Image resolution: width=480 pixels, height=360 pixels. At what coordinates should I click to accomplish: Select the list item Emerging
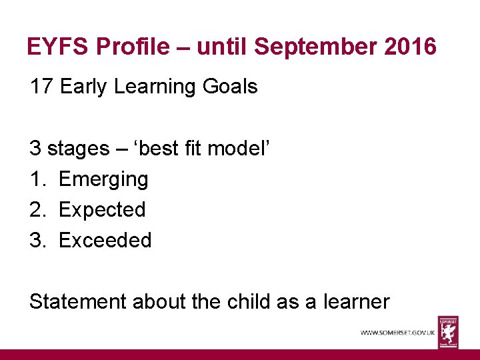pos(103,179)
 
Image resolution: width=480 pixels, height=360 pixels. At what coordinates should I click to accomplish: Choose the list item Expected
pos(102,210)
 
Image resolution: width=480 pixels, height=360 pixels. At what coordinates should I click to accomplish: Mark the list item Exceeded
pos(105,240)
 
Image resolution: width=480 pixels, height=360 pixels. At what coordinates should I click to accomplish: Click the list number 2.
pos(37,210)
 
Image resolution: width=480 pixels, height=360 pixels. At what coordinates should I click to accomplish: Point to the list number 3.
pos(37,240)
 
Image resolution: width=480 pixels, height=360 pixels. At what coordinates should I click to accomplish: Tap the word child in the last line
pos(245,301)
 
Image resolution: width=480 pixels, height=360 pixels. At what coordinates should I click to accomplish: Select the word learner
pos(356,301)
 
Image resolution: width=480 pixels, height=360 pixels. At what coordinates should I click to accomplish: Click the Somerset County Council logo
pos(448,331)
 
